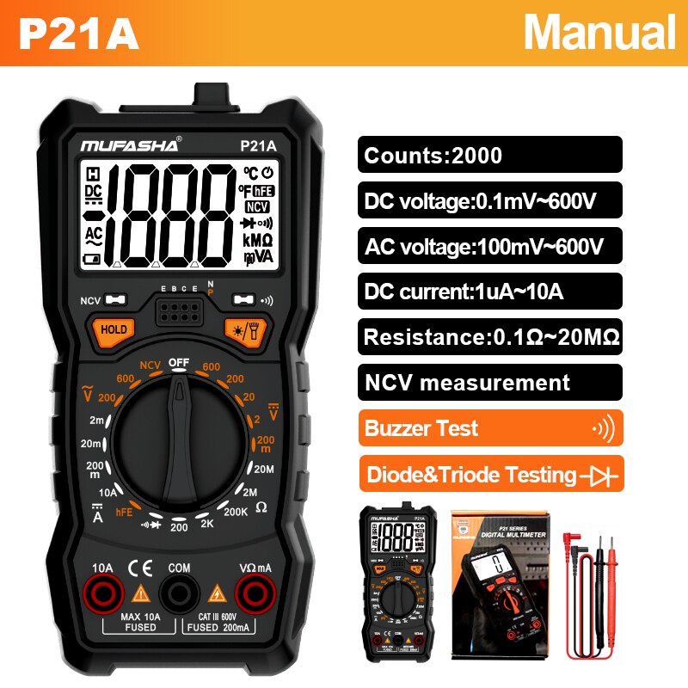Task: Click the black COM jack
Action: pos(179,594)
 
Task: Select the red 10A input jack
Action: pos(102,594)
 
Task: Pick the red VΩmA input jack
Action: pos(255,594)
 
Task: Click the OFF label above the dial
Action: pos(178,363)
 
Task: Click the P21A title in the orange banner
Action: pos(79,34)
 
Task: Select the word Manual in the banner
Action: pos(599,33)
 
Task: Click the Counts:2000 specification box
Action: pos(489,155)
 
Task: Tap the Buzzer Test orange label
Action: pos(489,427)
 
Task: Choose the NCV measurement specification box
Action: pos(489,382)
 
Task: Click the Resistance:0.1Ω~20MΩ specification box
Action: pos(489,336)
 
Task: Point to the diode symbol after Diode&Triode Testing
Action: pos(599,474)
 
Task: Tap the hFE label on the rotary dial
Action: pos(125,512)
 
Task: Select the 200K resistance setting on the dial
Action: pos(235,511)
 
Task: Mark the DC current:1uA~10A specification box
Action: pos(489,291)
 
